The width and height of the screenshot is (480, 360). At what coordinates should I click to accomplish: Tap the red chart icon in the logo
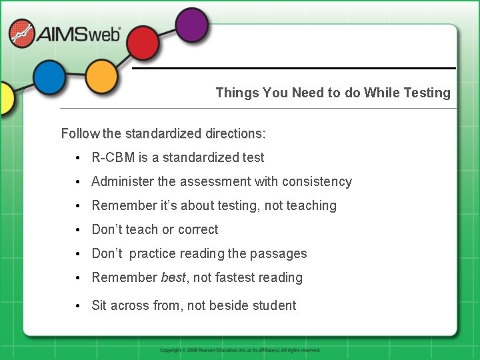(x=22, y=34)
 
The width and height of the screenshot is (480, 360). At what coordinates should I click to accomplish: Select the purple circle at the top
(x=191, y=24)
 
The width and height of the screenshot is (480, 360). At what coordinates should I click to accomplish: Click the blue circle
(x=49, y=77)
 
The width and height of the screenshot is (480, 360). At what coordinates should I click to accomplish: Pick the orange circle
(x=101, y=77)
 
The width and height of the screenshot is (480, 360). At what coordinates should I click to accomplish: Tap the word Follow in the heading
(x=80, y=133)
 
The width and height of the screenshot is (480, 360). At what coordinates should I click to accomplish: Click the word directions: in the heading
(x=234, y=133)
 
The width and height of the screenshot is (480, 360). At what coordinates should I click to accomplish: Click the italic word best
(x=173, y=277)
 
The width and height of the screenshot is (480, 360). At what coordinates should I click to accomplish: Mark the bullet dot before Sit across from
(x=79, y=306)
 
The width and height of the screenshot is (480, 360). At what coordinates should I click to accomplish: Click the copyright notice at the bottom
(x=240, y=350)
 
